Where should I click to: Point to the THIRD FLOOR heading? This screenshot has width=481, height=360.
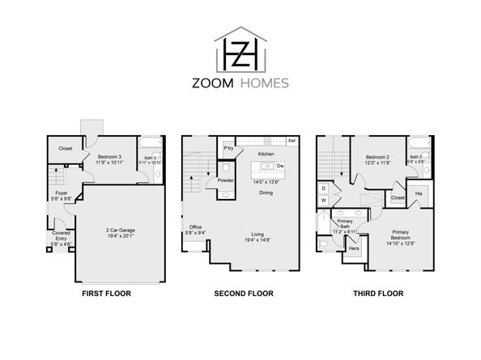tap(375, 294)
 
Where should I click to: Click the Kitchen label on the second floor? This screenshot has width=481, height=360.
tap(266, 154)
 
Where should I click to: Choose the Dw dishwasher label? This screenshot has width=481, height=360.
tap(279, 166)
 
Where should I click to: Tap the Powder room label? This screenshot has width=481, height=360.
tap(226, 180)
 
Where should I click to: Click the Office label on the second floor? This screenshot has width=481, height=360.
tap(195, 227)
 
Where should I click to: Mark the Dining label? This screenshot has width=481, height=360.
tap(266, 193)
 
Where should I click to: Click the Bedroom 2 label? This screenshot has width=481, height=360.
tap(377, 156)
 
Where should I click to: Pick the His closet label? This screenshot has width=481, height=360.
tap(419, 194)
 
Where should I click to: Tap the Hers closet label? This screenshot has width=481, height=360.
tap(354, 248)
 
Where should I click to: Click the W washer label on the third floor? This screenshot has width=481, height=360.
tap(324, 199)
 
